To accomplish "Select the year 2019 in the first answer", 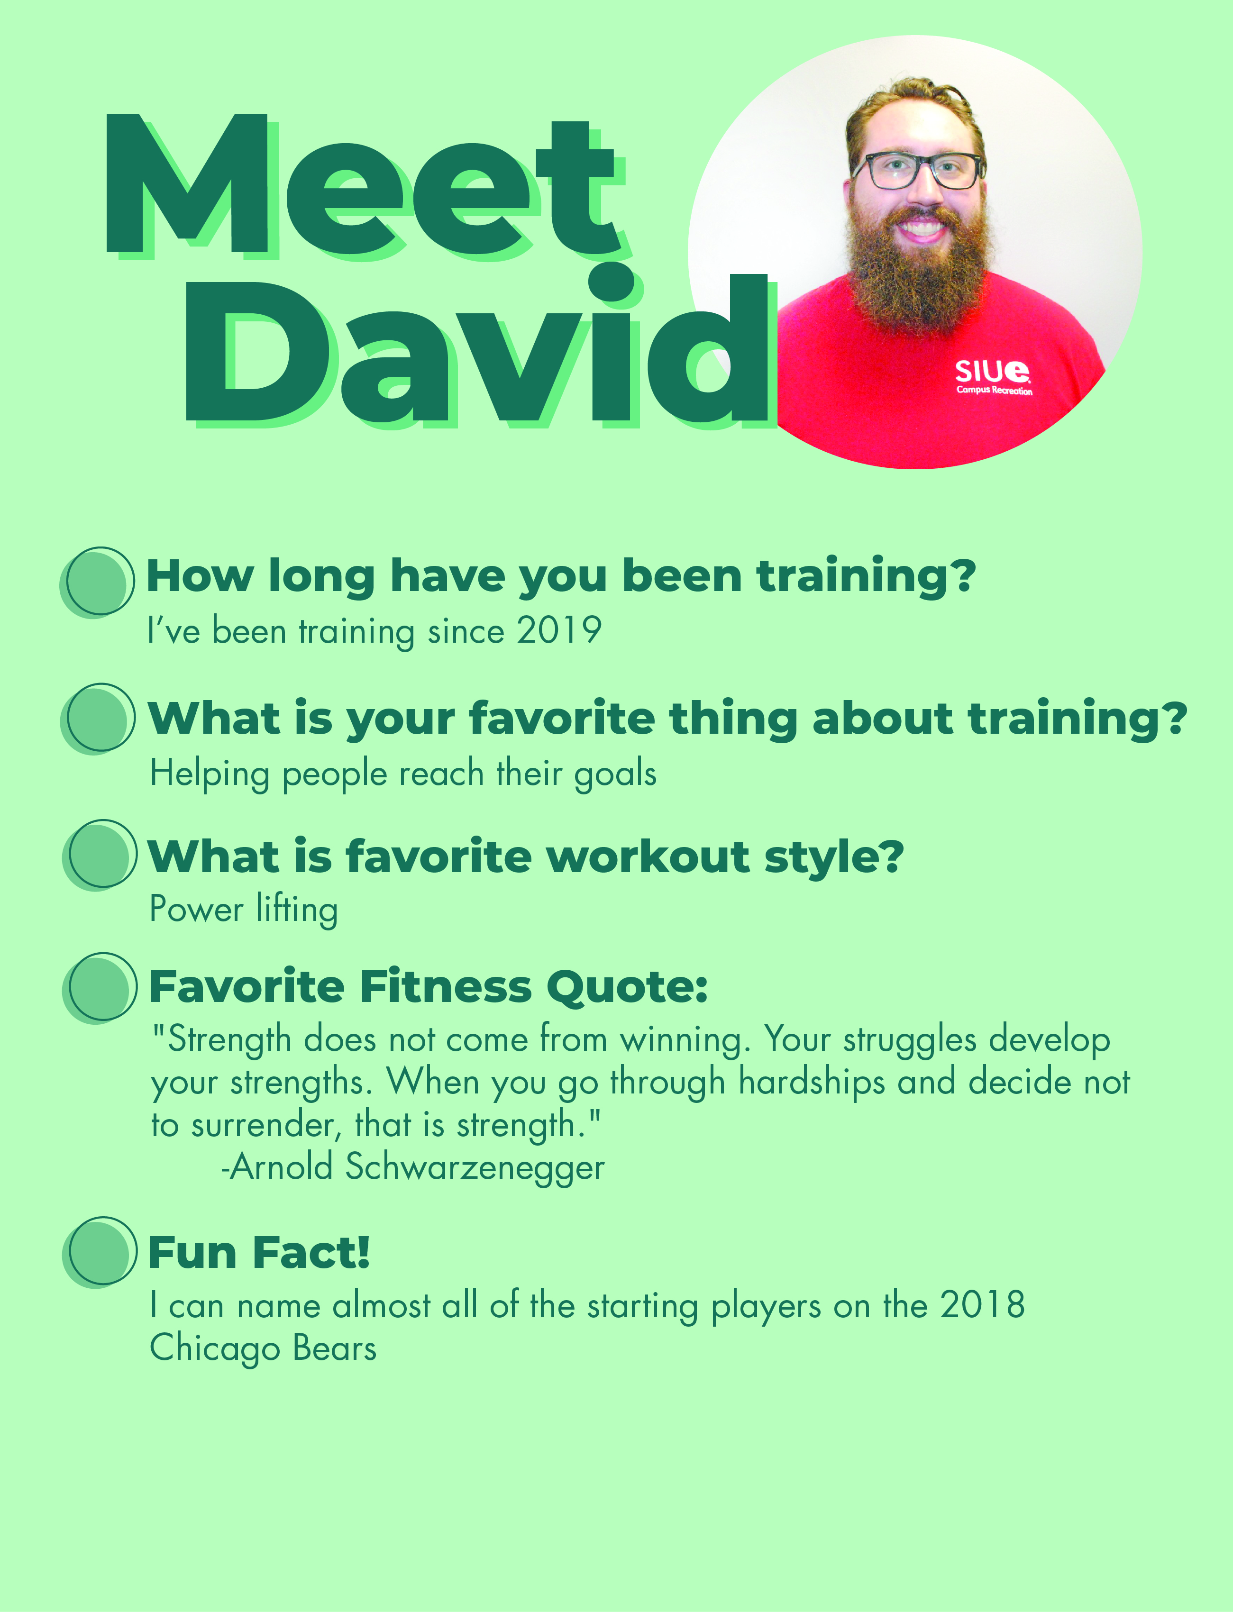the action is [559, 630].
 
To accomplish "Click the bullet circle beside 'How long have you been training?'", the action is [98, 582].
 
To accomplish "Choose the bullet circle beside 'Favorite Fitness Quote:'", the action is [100, 988].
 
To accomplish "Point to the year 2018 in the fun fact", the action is [982, 1304].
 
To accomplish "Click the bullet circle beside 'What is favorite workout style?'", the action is [100, 855].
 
